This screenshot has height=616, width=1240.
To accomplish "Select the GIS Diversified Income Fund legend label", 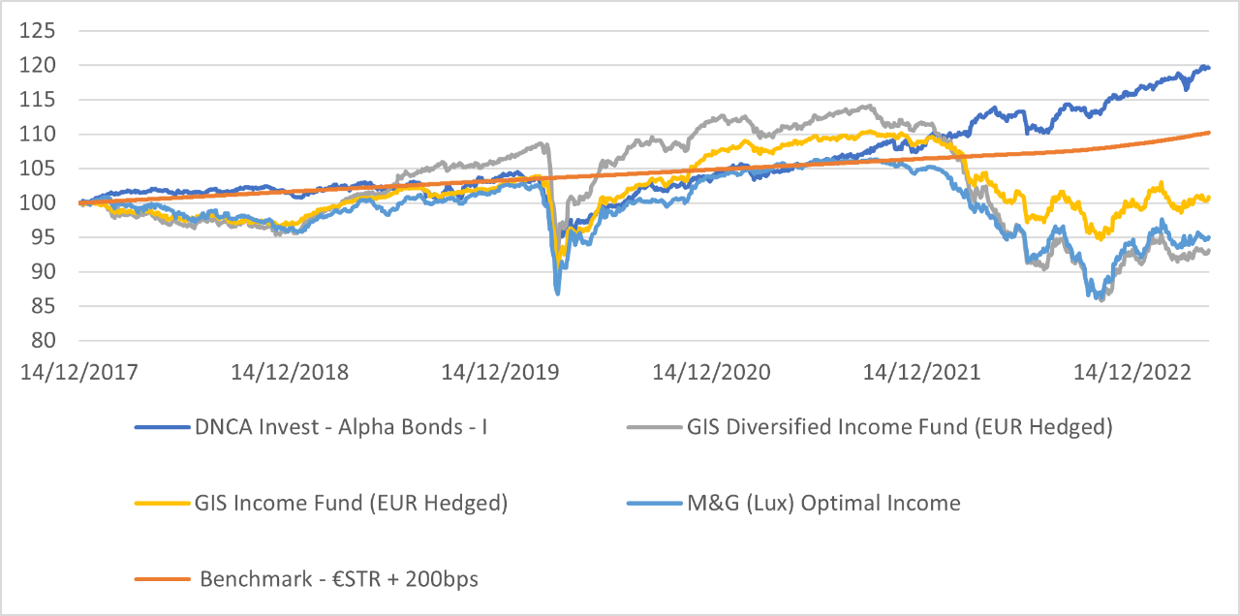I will (899, 427).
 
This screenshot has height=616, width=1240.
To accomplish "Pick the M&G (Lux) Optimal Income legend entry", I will (823, 503).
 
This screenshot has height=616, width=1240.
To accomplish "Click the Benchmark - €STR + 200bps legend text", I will (339, 579).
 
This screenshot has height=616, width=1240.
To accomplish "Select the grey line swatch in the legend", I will (654, 427).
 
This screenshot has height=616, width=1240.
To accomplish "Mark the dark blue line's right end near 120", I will (1208, 67).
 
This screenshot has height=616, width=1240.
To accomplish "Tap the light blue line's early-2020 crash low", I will (557, 293).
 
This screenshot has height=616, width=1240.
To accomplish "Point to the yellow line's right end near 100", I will (1208, 198).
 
